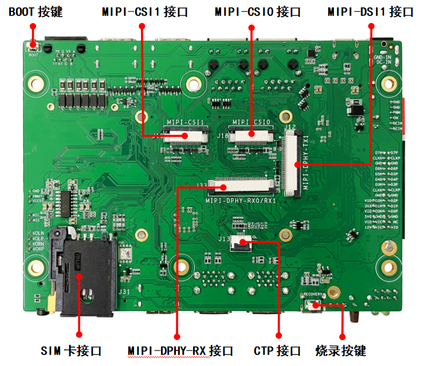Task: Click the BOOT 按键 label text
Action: point(35,11)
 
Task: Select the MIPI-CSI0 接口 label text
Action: point(257,11)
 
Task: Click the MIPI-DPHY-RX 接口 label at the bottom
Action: point(180,351)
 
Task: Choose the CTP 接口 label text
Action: point(277,351)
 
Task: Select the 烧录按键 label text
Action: point(341,351)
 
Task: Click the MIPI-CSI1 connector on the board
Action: point(186,136)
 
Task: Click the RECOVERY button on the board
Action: point(313,306)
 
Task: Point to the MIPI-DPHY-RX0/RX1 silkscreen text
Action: point(241,201)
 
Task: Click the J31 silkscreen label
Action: point(124,291)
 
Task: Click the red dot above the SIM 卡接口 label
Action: point(78,334)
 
